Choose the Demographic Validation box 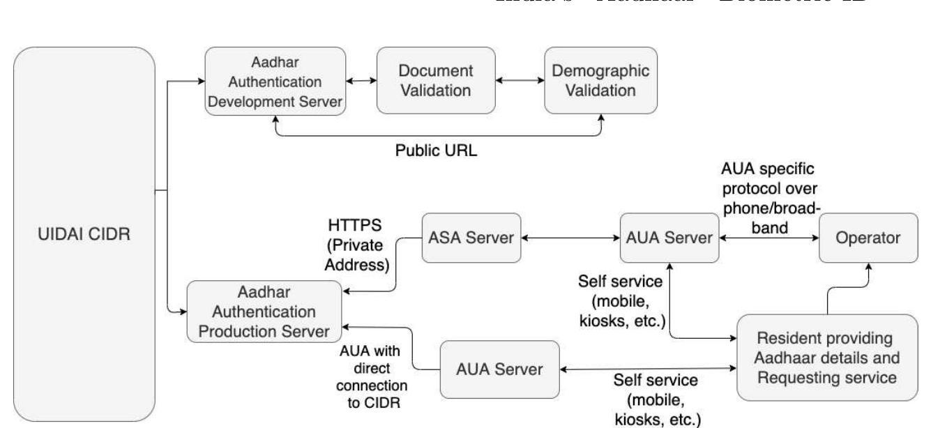tap(600, 81)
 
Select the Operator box tap(869, 238)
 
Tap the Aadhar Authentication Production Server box tap(264, 311)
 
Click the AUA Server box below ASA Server tap(500, 368)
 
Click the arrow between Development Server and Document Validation tap(361, 81)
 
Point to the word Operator tap(869, 238)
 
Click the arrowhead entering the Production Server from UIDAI tap(181, 307)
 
